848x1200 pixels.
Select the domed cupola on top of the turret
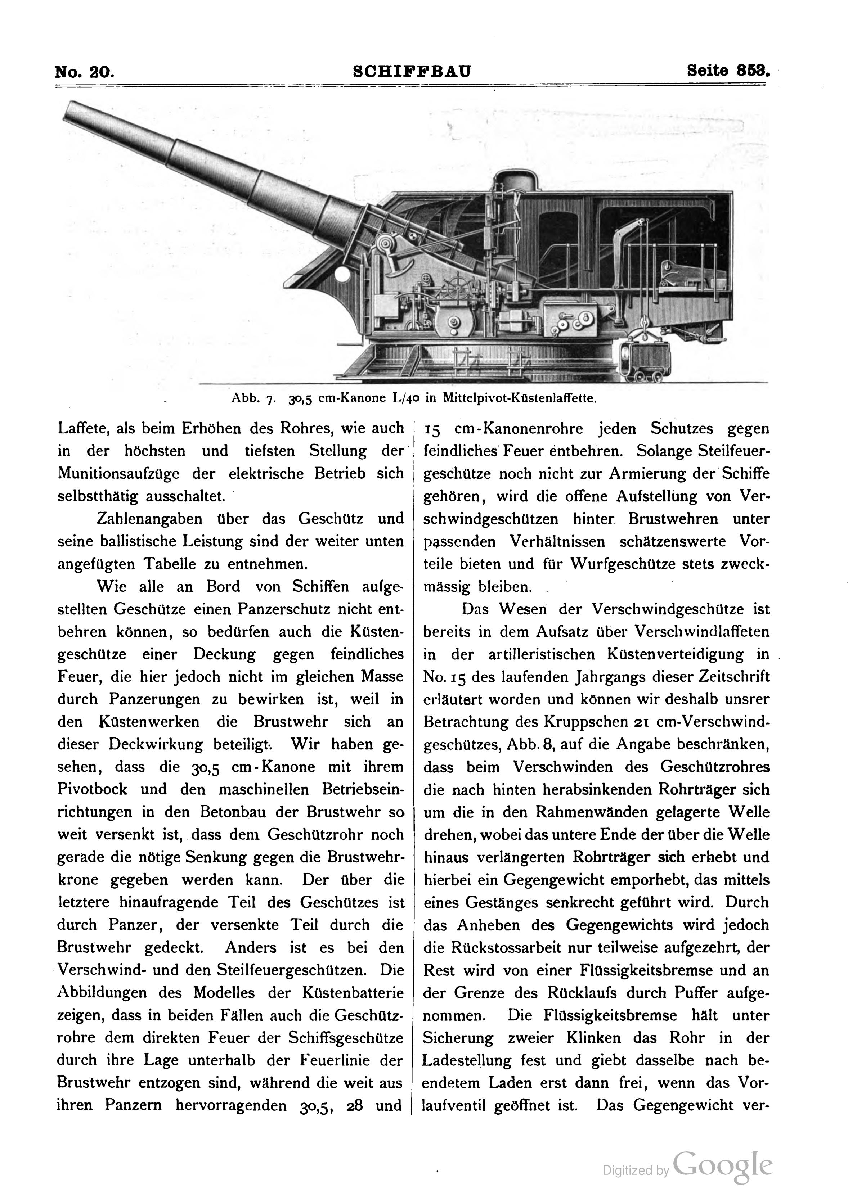tap(516, 184)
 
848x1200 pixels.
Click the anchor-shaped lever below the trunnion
tap(395, 267)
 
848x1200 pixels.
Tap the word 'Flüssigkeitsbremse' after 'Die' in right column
tap(610, 1015)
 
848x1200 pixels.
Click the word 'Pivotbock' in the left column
tap(92, 789)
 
